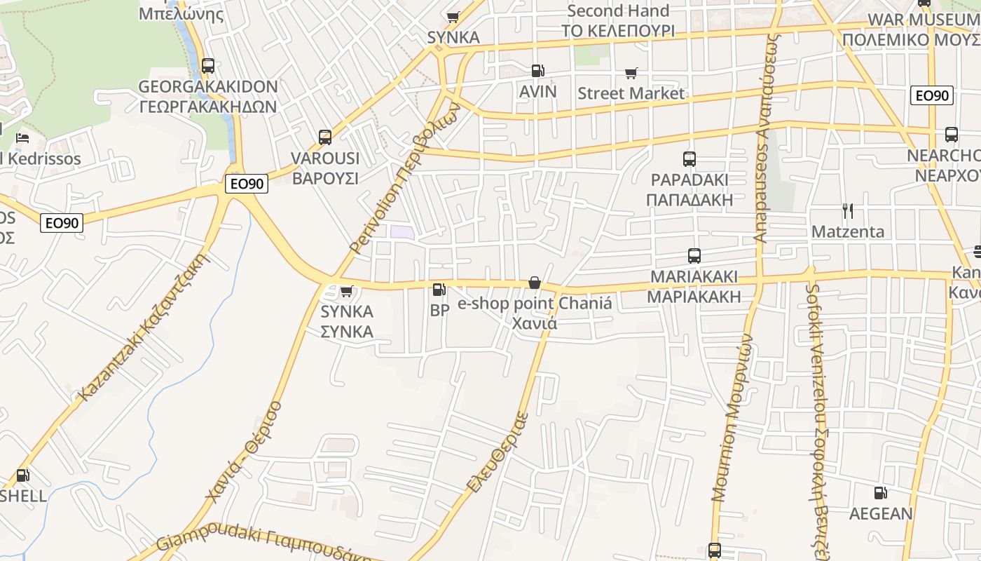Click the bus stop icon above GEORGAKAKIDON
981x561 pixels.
pyautogui.click(x=207, y=66)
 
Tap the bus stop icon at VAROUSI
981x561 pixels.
pyautogui.click(x=324, y=137)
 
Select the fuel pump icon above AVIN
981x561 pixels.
pyautogui.click(x=537, y=71)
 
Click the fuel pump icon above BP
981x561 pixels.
pyautogui.click(x=439, y=290)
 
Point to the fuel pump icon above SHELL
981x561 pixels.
pyautogui.click(x=22, y=475)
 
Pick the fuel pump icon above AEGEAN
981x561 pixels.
pyautogui.click(x=881, y=493)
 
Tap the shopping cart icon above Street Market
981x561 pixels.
pyautogui.click(x=631, y=73)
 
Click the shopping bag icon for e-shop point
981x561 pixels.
pyautogui.click(x=535, y=283)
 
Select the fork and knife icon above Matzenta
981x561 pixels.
pyautogui.click(x=848, y=211)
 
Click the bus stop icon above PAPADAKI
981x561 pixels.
pyautogui.click(x=690, y=159)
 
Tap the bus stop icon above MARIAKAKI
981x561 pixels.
pyautogui.click(x=694, y=256)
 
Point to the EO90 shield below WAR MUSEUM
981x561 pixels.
pyautogui.click(x=932, y=95)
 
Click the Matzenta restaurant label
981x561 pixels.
pyautogui.click(x=848, y=231)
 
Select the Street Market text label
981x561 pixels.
pyautogui.click(x=631, y=93)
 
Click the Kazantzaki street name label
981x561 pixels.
pyautogui.click(x=143, y=329)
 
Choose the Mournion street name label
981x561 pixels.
pyautogui.click(x=732, y=418)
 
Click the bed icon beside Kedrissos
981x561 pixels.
pyautogui.click(x=22, y=137)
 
